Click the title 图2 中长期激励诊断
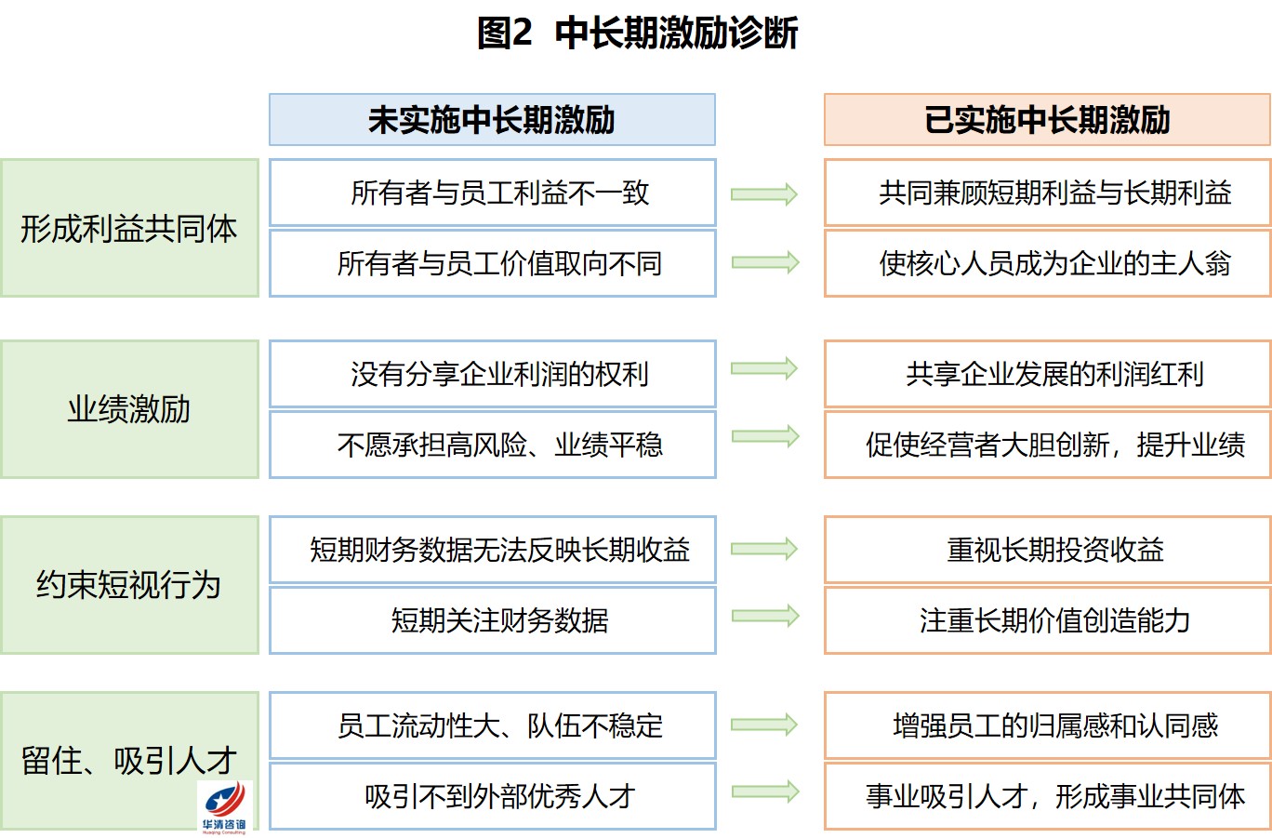click(637, 33)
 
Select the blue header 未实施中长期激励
click(492, 120)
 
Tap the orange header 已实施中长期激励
click(1047, 120)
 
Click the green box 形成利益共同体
click(129, 228)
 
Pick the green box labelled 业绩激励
click(129, 409)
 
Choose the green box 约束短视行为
click(129, 585)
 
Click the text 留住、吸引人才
click(129, 761)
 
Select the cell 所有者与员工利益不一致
click(492, 193)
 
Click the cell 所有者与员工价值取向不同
click(492, 263)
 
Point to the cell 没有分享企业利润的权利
click(492, 374)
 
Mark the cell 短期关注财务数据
click(492, 620)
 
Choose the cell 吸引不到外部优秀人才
click(492, 796)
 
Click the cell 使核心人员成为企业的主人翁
click(1047, 263)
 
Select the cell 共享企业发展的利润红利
click(1047, 374)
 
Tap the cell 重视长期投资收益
click(1047, 550)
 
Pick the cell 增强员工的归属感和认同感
click(1047, 725)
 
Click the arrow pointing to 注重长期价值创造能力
click(765, 617)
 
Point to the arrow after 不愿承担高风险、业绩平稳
click(765, 437)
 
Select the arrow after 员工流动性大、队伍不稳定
click(764, 725)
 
